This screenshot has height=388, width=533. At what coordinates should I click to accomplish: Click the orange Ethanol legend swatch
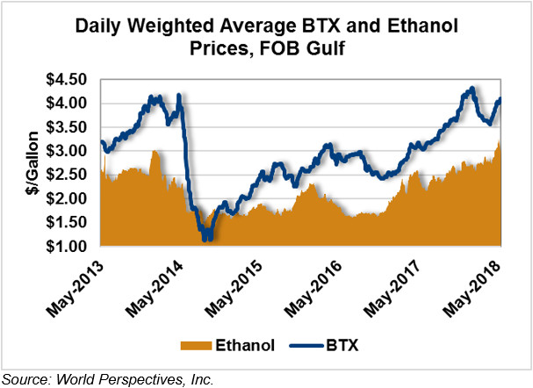click(x=198, y=346)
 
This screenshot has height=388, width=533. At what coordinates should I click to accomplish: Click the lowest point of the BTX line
click(x=205, y=238)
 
